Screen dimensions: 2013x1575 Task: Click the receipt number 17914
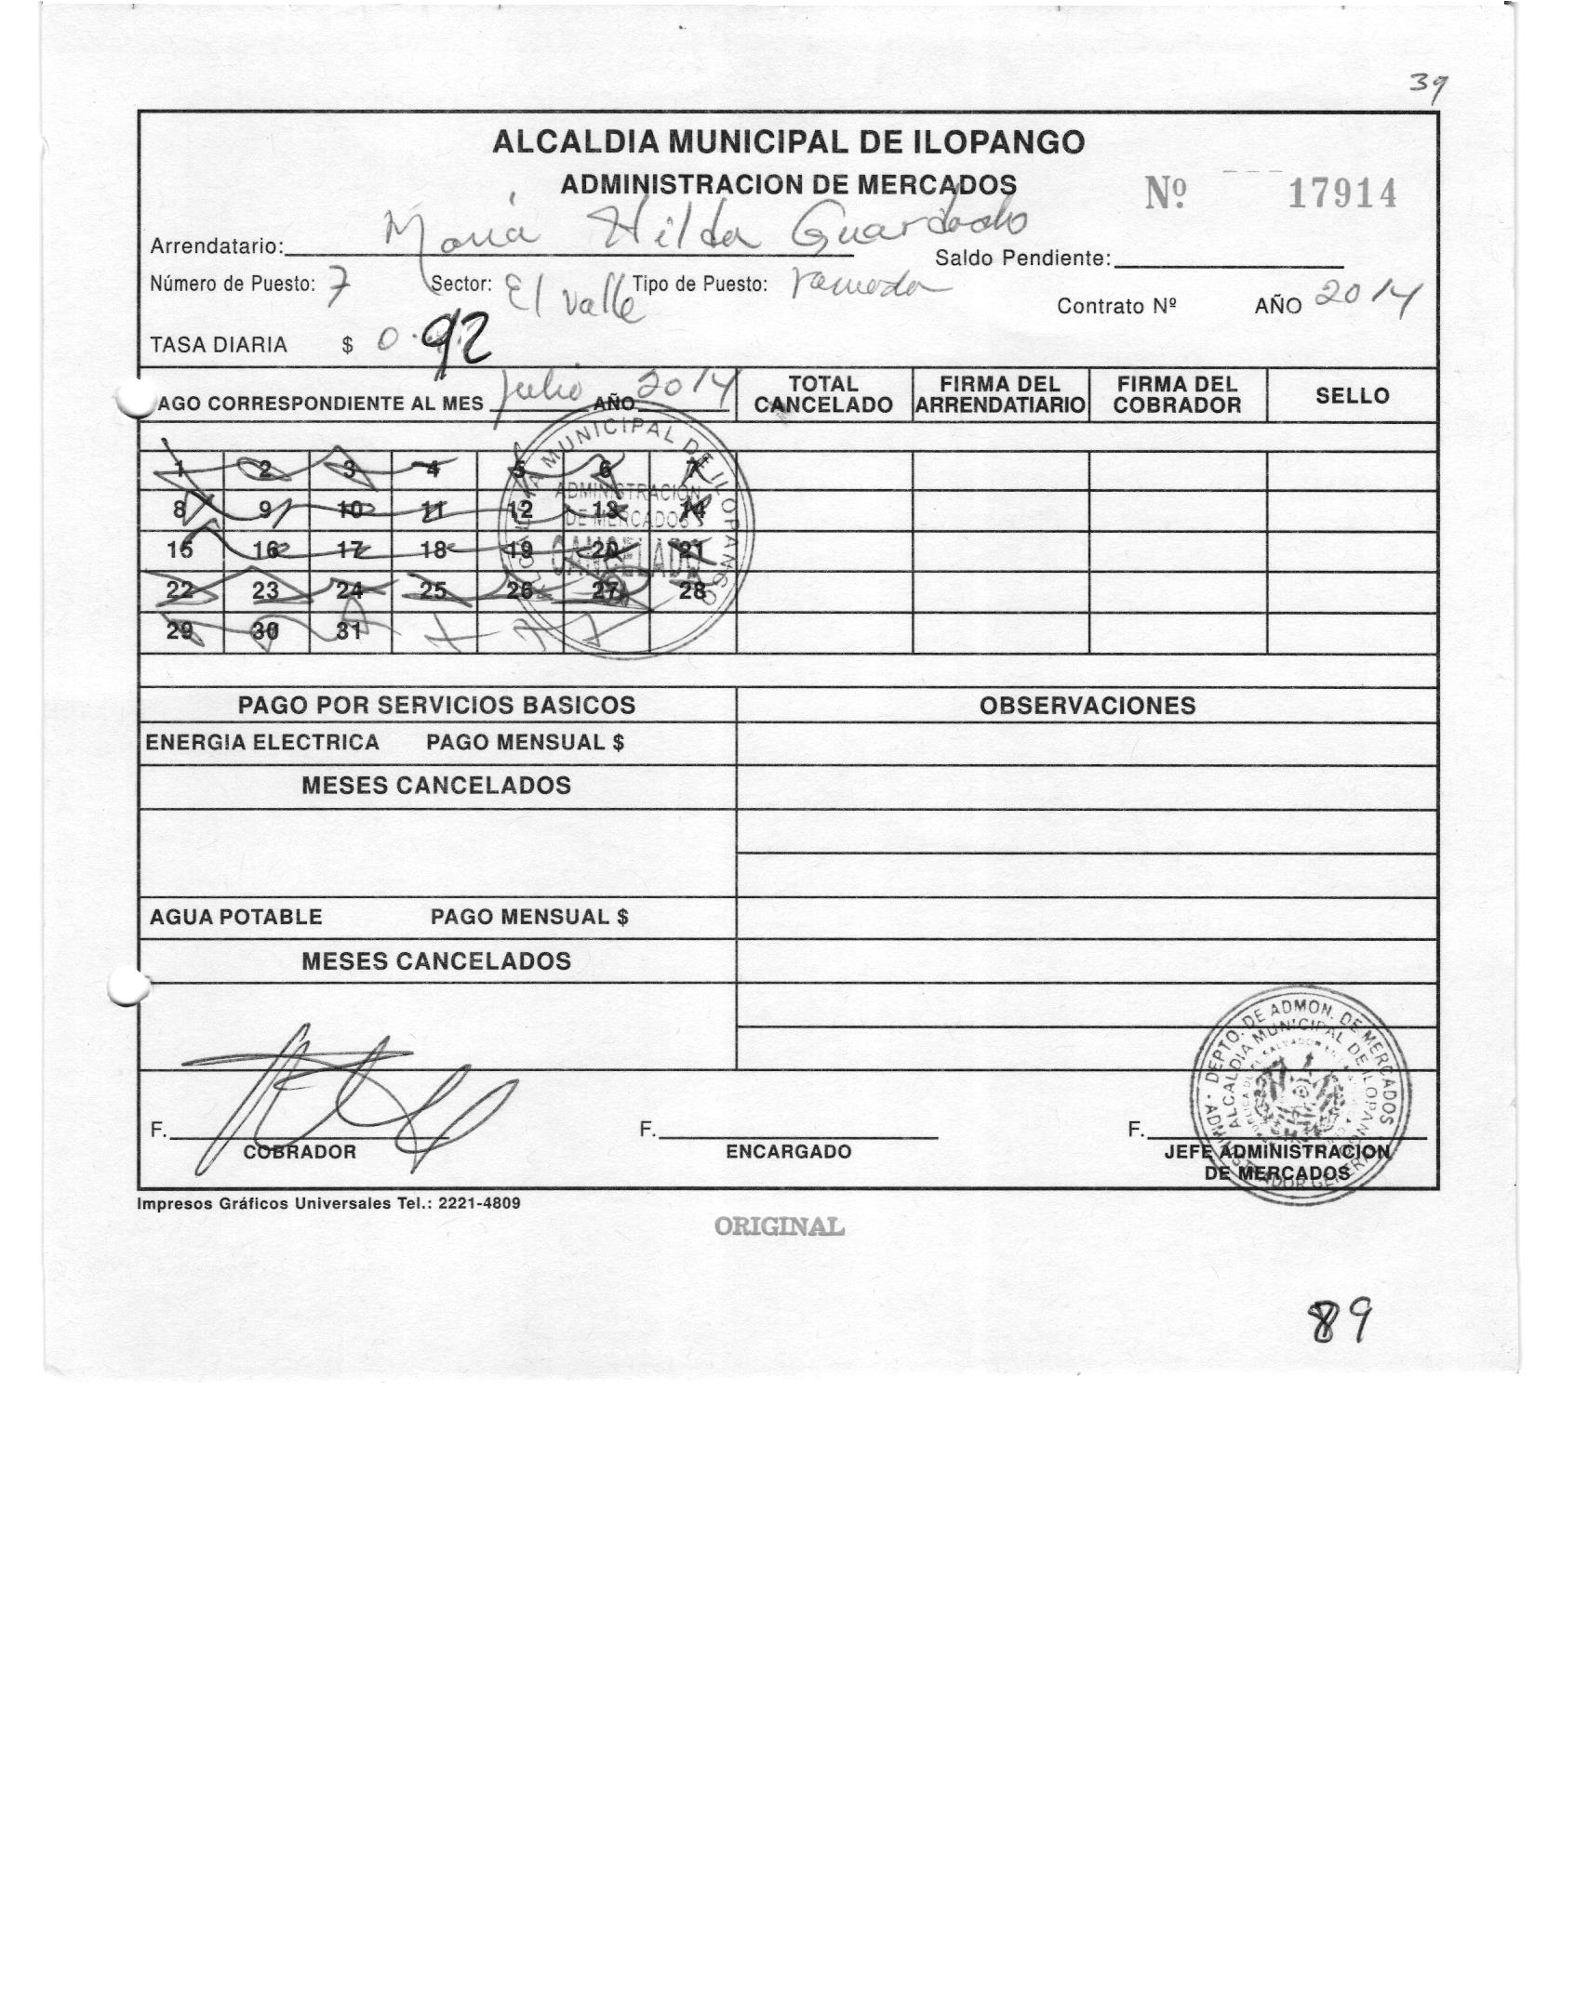(1341, 194)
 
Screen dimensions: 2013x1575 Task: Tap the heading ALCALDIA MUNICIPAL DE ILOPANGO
(787, 142)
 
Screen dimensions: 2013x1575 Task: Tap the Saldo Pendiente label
(1022, 258)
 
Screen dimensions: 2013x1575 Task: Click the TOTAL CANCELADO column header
(823, 395)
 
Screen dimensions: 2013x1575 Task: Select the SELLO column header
(1352, 395)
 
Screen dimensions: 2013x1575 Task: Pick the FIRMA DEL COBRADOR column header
(1177, 395)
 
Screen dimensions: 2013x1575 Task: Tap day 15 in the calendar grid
(180, 550)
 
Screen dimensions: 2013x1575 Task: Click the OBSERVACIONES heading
(1087, 706)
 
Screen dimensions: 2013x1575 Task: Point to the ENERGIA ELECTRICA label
(262, 743)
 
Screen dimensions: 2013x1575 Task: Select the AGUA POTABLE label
(236, 918)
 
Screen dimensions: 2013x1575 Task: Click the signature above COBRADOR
(344, 1097)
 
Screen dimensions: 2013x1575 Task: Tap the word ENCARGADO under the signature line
(788, 1152)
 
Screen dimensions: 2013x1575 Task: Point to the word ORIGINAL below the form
(780, 1227)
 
